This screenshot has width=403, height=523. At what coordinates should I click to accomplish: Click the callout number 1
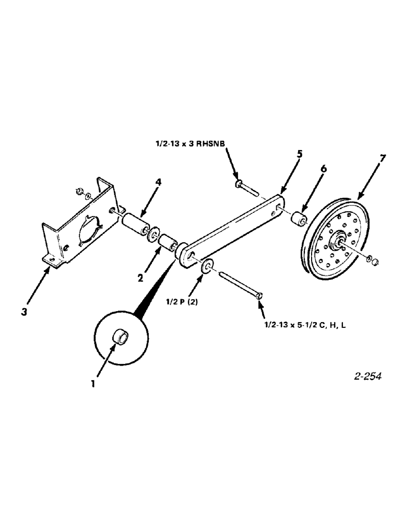pos(92,383)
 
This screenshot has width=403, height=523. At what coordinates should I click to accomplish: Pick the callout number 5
pos(299,155)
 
